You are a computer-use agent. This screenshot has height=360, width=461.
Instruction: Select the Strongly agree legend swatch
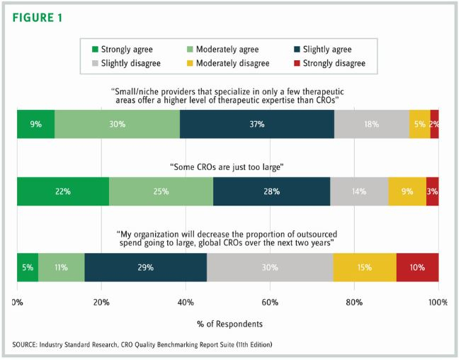95,50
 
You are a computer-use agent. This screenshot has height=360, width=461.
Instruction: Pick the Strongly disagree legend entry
329,64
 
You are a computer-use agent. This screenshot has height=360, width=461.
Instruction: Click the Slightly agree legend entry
321,50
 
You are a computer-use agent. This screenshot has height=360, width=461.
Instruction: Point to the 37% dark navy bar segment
257,124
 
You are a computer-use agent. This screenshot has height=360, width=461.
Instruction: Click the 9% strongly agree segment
35,124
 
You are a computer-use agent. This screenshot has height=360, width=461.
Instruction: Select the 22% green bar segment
63,191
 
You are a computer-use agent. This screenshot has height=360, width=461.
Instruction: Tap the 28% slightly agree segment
271,191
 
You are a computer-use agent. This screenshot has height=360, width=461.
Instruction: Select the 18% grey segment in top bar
372,124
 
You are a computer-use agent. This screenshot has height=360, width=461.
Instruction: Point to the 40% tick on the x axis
186,303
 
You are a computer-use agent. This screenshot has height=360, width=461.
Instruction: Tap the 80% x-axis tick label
354,303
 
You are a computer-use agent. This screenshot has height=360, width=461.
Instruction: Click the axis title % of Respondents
227,323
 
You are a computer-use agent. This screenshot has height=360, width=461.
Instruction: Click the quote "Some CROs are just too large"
227,167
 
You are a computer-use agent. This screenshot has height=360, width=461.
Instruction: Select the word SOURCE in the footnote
26,344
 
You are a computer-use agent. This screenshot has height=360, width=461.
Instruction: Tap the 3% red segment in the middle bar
432,191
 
